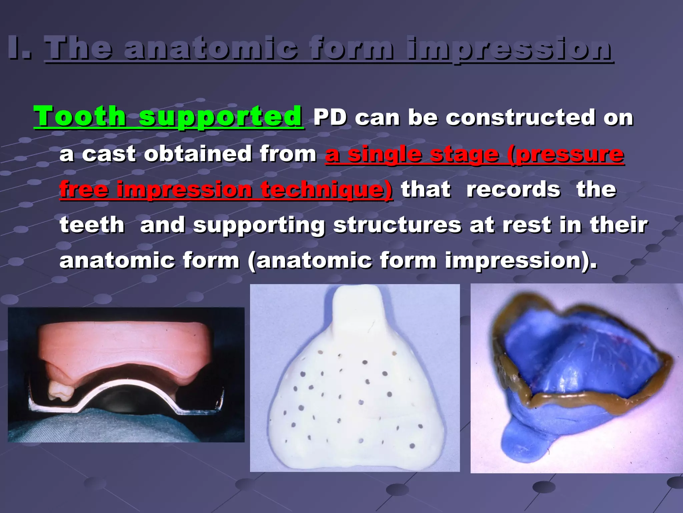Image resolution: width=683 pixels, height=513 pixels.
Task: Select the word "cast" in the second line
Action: coord(109,154)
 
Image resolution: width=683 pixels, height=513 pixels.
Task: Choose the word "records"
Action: coord(513,189)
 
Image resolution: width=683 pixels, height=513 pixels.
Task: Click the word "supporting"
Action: coord(259,225)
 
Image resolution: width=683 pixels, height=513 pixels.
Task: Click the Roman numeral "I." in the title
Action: coord(20,49)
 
